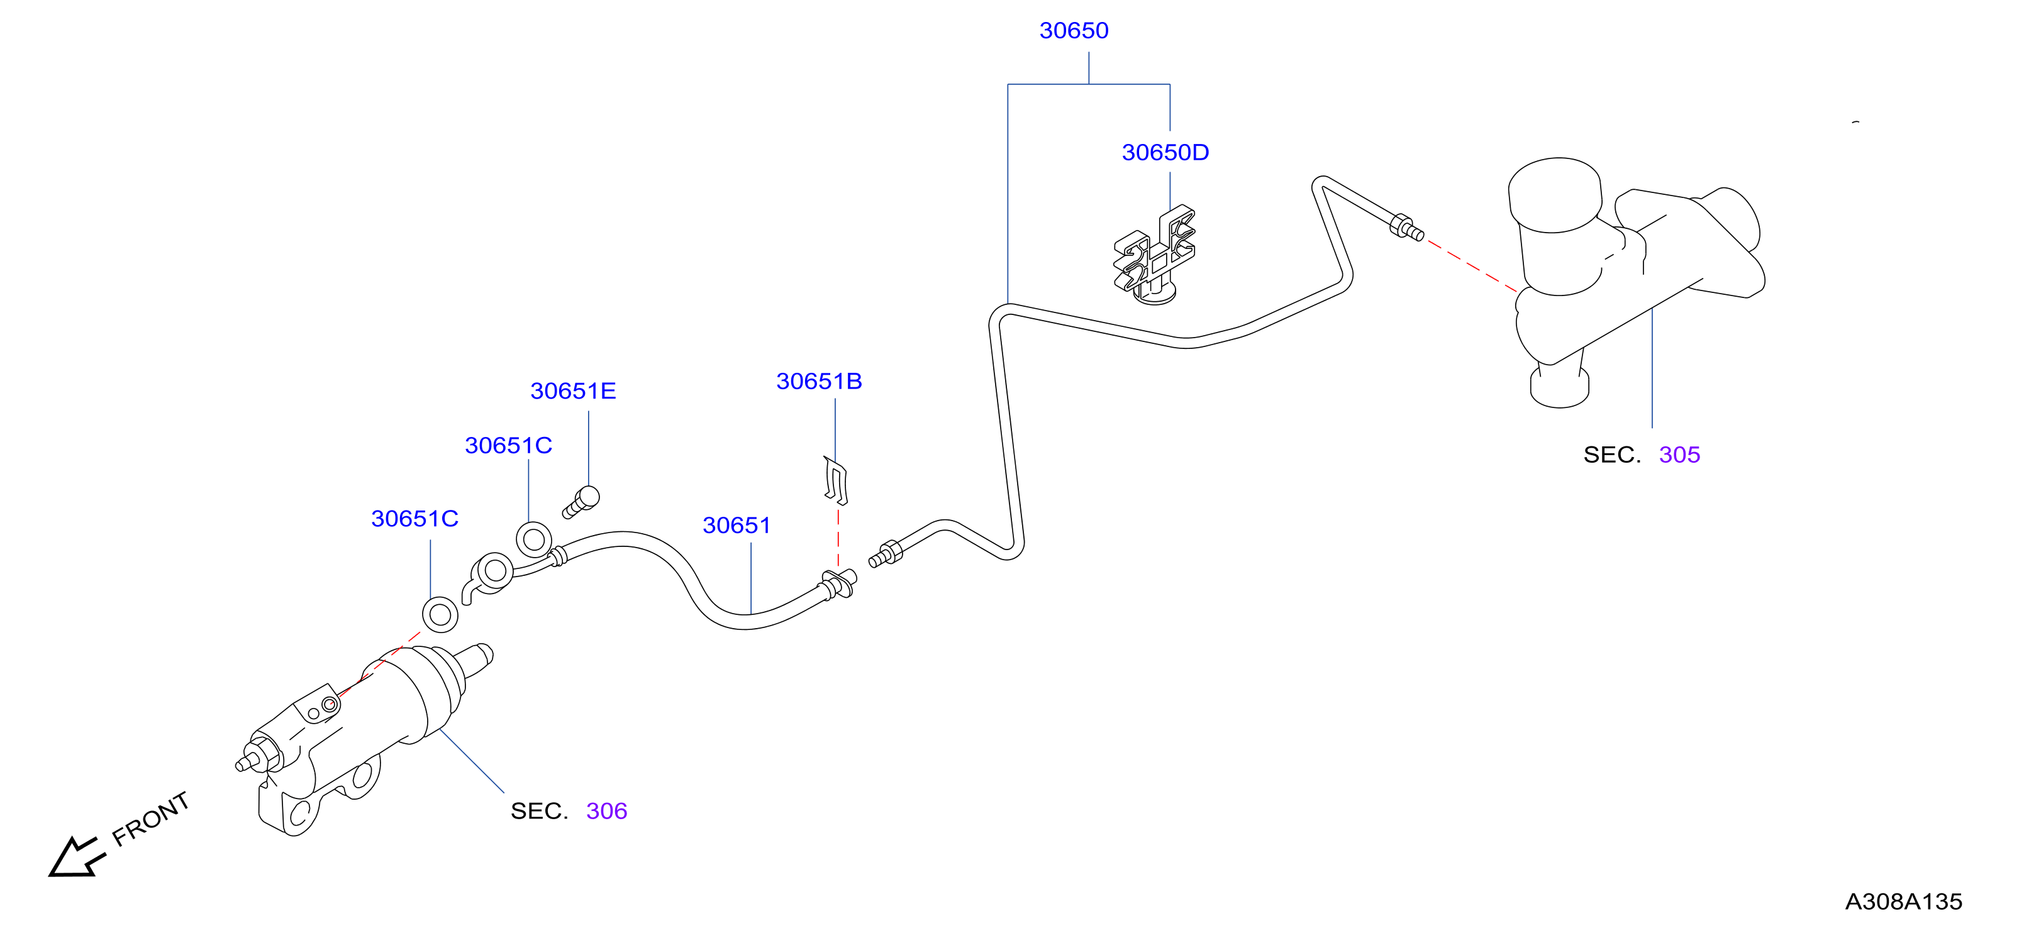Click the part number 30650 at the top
tap(1074, 31)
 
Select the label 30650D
tap(1165, 153)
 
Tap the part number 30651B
tap(820, 382)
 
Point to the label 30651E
tap(573, 391)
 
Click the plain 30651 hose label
tap(737, 526)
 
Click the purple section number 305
tap(1680, 455)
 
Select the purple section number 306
tap(607, 812)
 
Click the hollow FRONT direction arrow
tap(75, 858)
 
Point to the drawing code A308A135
tap(1904, 902)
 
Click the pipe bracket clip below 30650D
tap(1154, 255)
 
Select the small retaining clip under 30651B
tap(836, 480)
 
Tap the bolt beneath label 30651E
tap(582, 502)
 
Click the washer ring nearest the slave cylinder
tap(440, 615)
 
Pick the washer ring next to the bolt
tap(534, 540)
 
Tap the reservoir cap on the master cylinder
tap(1555, 195)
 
